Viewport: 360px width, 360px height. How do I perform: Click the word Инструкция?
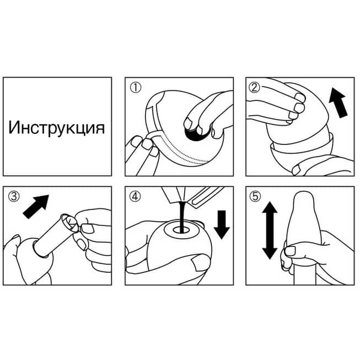[56, 128]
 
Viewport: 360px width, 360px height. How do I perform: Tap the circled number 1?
[136, 88]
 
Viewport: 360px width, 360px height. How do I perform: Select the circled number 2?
[255, 88]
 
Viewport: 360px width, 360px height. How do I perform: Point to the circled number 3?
[14, 197]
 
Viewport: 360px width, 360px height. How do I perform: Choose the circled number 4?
[135, 197]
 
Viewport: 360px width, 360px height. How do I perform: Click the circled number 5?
[255, 197]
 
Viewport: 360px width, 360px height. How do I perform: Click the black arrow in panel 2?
[338, 103]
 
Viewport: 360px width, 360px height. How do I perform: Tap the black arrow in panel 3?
[36, 206]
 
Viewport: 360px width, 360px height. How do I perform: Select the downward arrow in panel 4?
[222, 225]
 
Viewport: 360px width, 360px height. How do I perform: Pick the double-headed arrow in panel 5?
[270, 230]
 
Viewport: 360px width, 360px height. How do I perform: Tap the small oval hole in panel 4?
[181, 229]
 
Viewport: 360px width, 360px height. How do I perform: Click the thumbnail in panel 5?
[290, 251]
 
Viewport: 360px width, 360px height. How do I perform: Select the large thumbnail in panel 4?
[200, 263]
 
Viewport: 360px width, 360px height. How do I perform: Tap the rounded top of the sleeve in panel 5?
[304, 198]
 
